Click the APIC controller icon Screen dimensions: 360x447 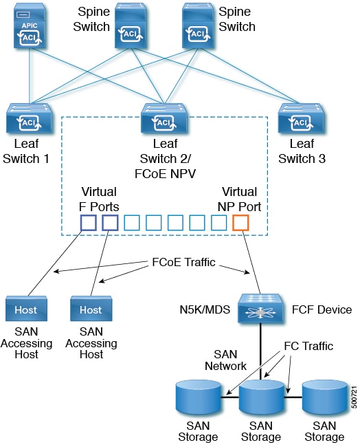[30, 27]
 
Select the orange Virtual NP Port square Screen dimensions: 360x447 [240, 223]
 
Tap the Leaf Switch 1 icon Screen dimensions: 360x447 [29, 118]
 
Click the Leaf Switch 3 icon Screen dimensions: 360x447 [301, 118]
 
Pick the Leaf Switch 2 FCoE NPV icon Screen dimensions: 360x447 [164, 118]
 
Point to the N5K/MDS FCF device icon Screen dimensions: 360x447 [260, 309]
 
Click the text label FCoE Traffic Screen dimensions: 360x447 [183, 262]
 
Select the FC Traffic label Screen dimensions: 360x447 [308, 346]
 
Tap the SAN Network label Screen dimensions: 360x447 [225, 360]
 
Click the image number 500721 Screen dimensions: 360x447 [354, 397]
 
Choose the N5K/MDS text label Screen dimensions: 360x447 [205, 309]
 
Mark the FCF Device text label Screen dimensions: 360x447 [322, 309]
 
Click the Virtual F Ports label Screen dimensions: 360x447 [99, 199]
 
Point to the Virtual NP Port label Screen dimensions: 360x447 [239, 199]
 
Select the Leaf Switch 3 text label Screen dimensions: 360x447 [302, 151]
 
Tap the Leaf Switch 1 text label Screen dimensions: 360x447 [26, 151]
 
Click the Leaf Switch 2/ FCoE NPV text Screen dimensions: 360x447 [165, 158]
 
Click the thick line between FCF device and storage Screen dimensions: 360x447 [260, 351]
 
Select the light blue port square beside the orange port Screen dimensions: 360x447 [218, 223]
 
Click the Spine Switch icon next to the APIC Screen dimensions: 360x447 [131, 25]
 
